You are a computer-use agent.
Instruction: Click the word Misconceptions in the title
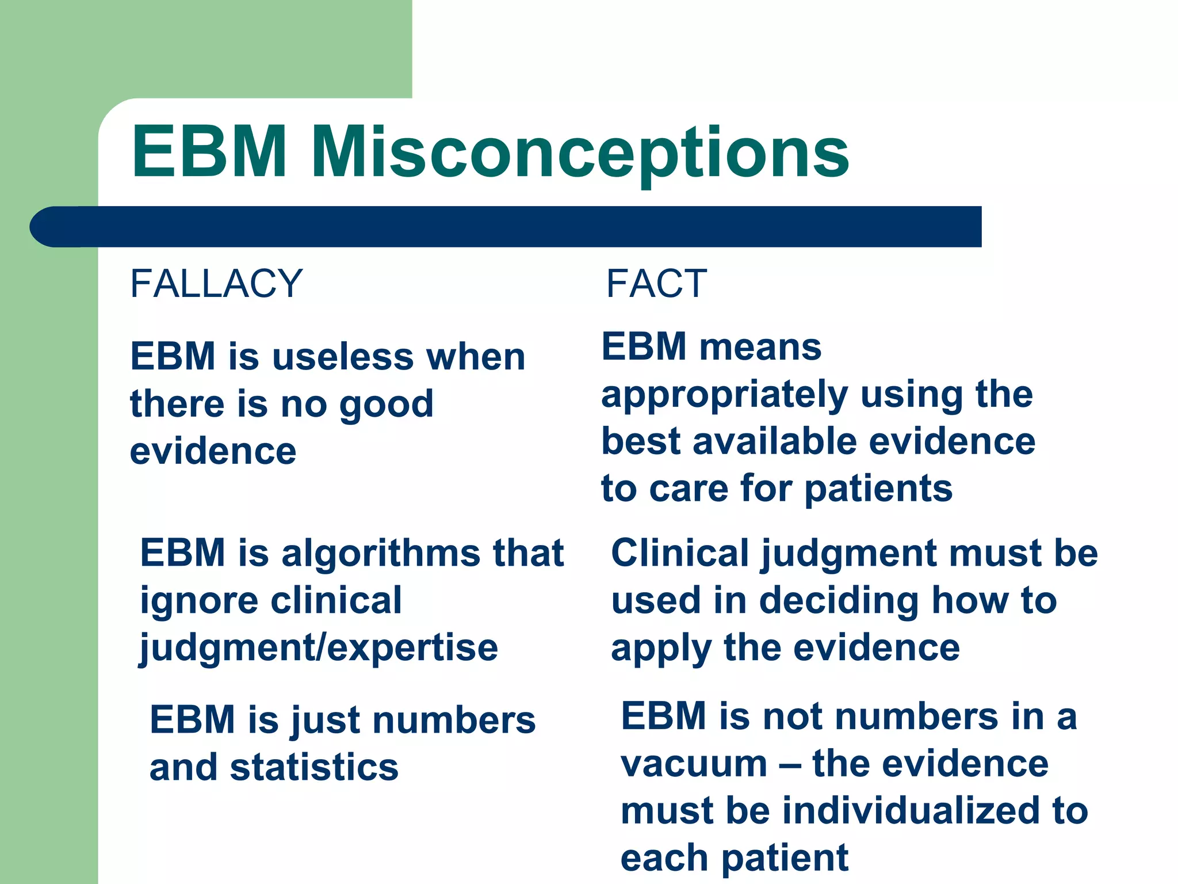coord(580,153)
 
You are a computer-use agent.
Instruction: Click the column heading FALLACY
coord(216,284)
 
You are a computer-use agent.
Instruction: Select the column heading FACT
coord(656,284)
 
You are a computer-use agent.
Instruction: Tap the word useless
coord(342,357)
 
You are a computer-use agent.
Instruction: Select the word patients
coord(878,489)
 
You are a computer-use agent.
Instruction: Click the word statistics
coord(314,768)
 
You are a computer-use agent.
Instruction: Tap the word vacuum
coord(694,764)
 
